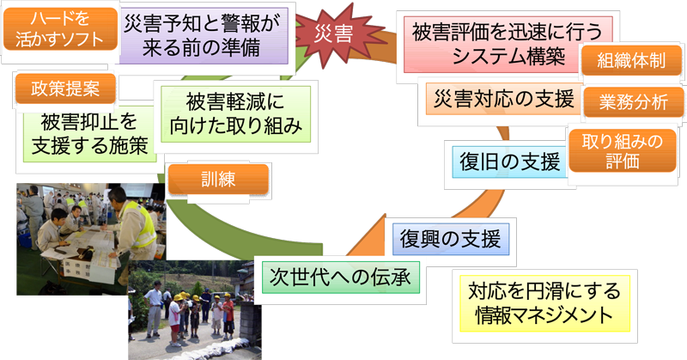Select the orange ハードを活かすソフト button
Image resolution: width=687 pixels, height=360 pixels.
(60, 29)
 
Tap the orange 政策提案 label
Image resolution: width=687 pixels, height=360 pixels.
(65, 88)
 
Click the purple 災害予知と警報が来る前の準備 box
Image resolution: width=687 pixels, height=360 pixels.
(202, 36)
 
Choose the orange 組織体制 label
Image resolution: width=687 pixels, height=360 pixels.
(631, 60)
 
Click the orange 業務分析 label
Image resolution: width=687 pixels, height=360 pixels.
(633, 102)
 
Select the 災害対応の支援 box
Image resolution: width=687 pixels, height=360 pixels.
(504, 99)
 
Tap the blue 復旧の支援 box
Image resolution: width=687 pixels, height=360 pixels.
(509, 162)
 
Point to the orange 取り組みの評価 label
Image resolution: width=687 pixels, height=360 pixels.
(622, 150)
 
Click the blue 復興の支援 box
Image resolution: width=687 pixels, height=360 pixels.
(450, 239)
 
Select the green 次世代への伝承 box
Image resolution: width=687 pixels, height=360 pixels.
(340, 278)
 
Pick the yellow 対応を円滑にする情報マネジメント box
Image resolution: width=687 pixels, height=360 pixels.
(544, 303)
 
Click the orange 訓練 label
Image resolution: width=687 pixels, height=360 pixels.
(218, 179)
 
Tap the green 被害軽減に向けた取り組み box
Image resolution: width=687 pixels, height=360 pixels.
(235, 114)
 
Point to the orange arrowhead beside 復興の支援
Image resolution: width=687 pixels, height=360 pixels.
(368, 237)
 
